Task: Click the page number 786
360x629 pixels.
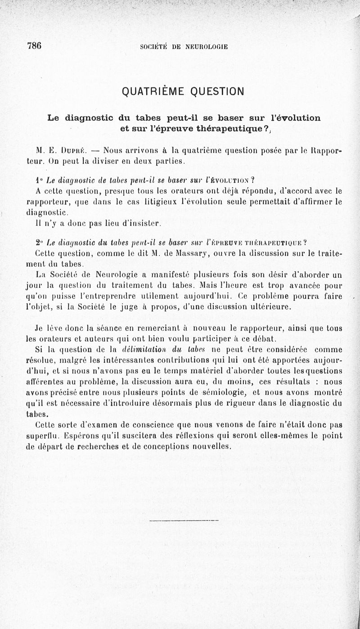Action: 35,46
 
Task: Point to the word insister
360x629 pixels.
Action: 141,222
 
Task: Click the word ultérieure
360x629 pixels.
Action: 270,308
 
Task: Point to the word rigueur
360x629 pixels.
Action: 228,403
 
